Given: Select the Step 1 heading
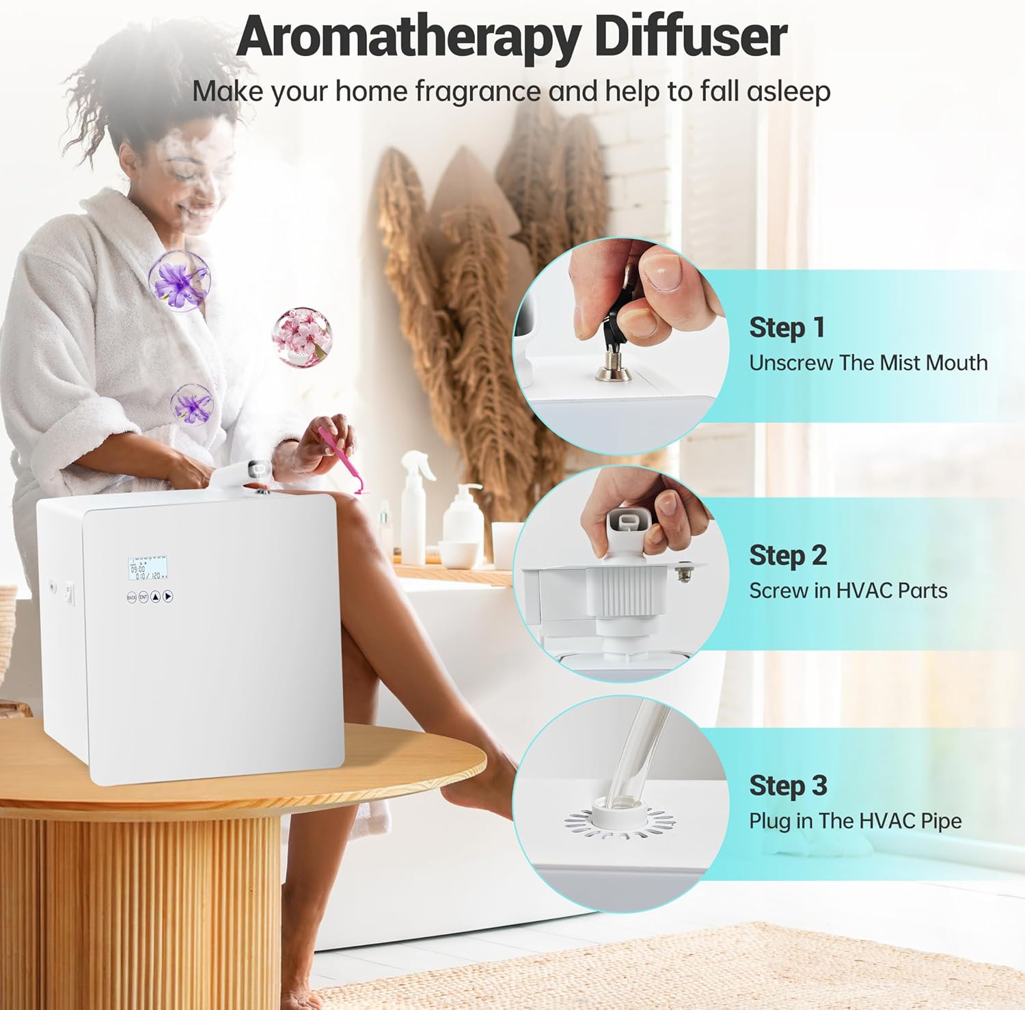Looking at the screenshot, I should [x=787, y=327].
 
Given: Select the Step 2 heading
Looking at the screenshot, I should [x=787, y=555].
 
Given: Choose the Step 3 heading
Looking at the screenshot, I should [x=787, y=785].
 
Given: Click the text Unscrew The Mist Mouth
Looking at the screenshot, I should [x=868, y=363].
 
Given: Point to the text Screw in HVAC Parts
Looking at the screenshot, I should [x=847, y=590].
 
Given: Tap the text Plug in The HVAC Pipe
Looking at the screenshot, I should [x=855, y=821].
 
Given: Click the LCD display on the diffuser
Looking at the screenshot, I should [x=148, y=569].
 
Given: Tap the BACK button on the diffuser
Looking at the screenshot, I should [x=132, y=597].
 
